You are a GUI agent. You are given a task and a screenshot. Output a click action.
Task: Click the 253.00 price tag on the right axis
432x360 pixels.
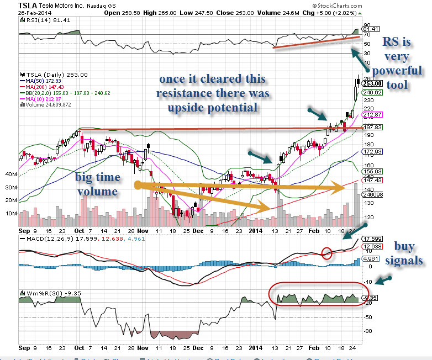[x=369, y=83]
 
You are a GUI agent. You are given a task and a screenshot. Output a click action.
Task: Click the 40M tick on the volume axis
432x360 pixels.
[x=11, y=174]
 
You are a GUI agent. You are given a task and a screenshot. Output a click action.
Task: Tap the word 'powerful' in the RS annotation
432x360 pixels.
[x=397, y=71]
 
